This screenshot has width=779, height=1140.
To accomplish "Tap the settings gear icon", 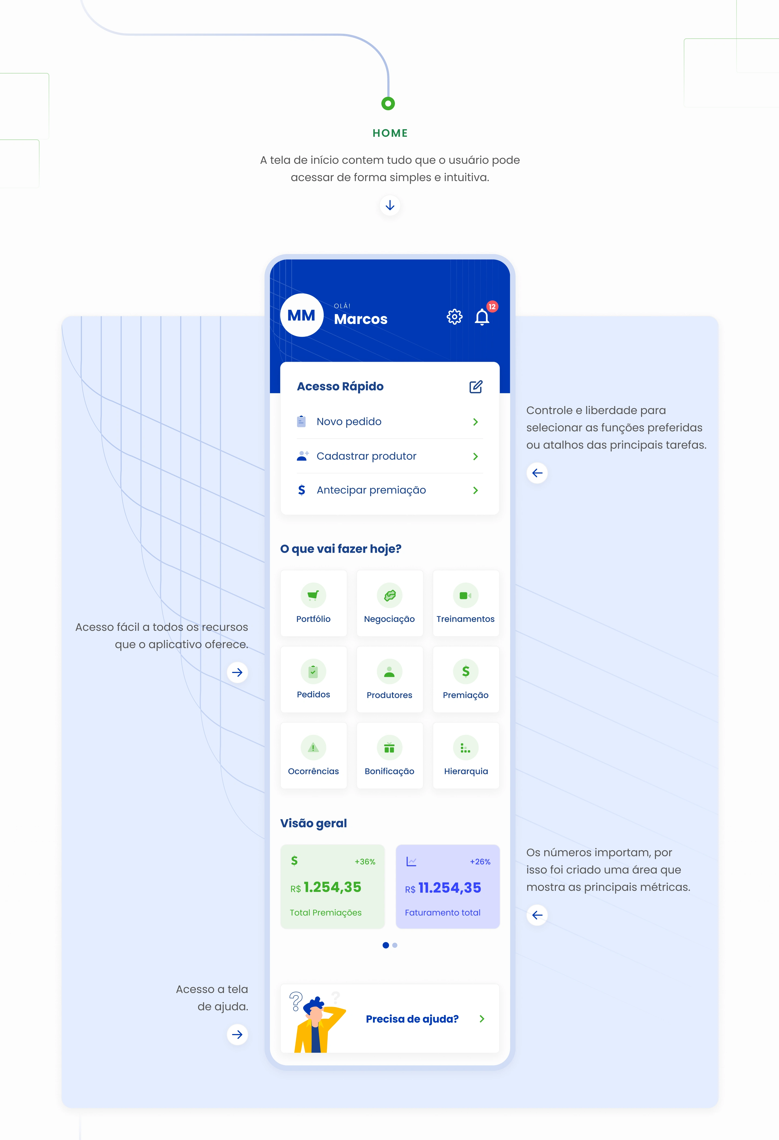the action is [x=454, y=317].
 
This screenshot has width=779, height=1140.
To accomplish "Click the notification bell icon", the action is [x=482, y=317].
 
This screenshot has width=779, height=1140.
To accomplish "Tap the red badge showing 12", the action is [x=492, y=306].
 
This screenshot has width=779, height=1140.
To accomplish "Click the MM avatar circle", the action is [x=301, y=315].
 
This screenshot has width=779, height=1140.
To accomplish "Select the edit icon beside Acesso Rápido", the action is [x=476, y=386].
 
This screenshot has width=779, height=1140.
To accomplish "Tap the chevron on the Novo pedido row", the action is [x=475, y=422].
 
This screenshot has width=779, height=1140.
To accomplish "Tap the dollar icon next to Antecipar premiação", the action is [x=301, y=490].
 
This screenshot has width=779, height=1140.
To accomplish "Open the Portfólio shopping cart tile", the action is [x=313, y=603].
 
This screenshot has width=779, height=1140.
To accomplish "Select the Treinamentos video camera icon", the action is [x=465, y=595].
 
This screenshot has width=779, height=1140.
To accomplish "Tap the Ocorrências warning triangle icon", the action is [x=313, y=748].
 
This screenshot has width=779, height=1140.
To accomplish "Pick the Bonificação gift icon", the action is [x=389, y=748].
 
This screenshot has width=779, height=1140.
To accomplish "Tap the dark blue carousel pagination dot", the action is [x=386, y=945].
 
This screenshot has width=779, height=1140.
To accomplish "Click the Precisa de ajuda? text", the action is [x=412, y=1019].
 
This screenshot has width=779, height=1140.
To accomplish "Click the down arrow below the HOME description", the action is [x=390, y=205].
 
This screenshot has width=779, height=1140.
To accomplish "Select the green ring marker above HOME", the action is [x=388, y=104].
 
